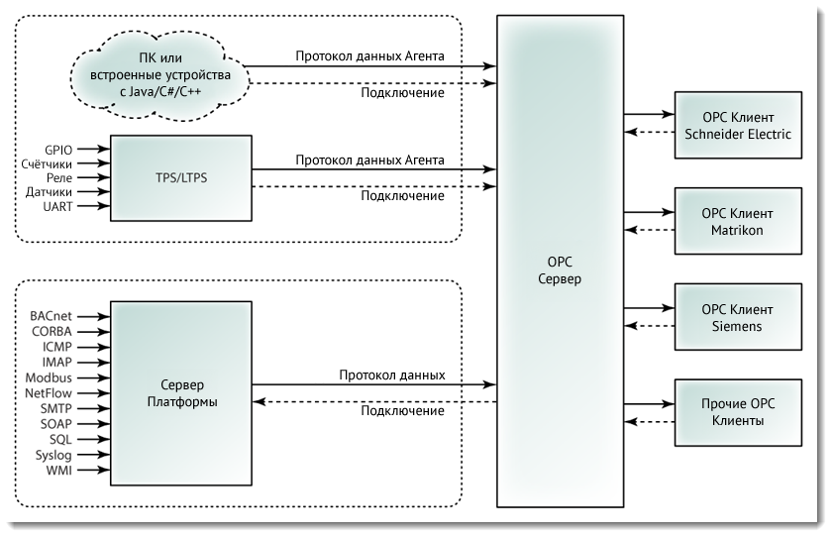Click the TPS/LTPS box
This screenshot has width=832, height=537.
(x=181, y=178)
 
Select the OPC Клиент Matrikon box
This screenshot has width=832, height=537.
(x=738, y=221)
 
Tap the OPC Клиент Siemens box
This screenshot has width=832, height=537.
(x=738, y=317)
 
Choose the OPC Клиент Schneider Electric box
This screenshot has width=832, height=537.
(x=738, y=125)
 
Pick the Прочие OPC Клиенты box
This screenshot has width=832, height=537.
(x=738, y=413)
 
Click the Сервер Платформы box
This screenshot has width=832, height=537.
(x=181, y=393)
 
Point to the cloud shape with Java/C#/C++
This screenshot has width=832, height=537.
(x=159, y=74)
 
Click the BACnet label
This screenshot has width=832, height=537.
(x=51, y=316)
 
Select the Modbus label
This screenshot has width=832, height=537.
(x=49, y=377)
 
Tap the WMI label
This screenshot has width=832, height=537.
(x=58, y=471)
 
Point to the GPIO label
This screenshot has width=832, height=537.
(x=58, y=151)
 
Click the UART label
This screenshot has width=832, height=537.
(x=57, y=206)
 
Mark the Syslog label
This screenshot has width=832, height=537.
(x=53, y=456)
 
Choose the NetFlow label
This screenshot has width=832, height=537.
(x=49, y=393)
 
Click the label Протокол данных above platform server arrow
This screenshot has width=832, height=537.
(x=392, y=376)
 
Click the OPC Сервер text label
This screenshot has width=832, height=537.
(x=560, y=270)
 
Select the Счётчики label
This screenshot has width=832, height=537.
(x=47, y=163)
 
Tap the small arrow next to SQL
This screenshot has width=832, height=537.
(x=94, y=439)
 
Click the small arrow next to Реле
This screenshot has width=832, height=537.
(x=94, y=177)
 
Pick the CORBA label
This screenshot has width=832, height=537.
(x=52, y=332)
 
